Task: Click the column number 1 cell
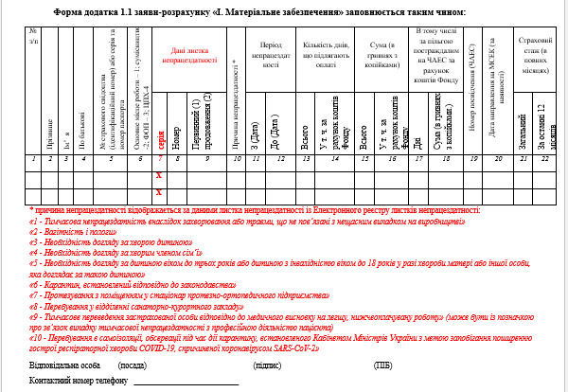(x=32, y=158)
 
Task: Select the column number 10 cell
(x=235, y=158)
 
